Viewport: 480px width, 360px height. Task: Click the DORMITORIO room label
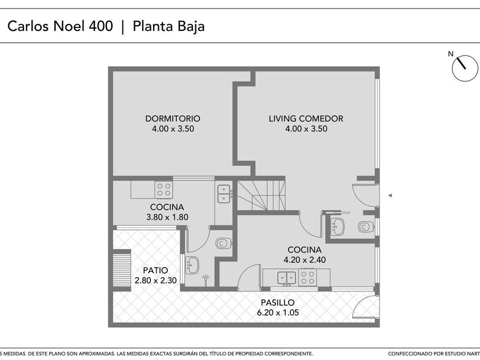click(173, 118)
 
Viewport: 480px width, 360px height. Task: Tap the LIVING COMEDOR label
click(306, 118)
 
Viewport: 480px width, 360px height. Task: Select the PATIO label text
click(155, 270)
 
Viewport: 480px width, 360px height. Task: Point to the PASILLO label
click(278, 302)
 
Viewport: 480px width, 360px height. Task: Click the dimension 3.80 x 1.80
click(167, 217)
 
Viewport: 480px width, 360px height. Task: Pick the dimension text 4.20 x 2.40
click(305, 260)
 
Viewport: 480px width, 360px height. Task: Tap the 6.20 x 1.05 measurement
click(278, 313)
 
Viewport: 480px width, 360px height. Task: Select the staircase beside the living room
click(262, 195)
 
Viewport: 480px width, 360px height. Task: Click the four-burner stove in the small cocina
click(164, 190)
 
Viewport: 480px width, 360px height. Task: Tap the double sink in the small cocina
click(224, 194)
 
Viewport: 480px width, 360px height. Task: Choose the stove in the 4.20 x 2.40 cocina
click(307, 277)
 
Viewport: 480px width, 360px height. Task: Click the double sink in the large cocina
click(286, 278)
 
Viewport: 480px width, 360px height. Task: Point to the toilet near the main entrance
click(366, 227)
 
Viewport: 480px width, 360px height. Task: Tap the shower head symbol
click(206, 279)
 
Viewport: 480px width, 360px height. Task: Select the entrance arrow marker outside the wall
click(390, 195)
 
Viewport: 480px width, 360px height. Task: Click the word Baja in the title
click(191, 26)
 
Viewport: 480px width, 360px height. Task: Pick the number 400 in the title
click(101, 26)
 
